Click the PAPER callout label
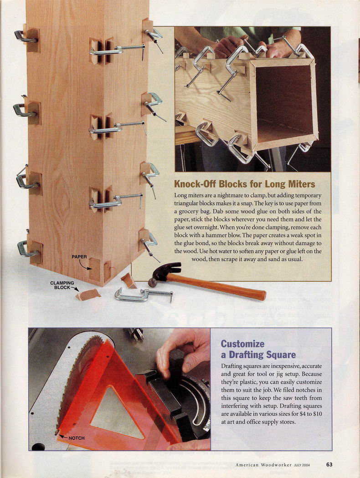79,257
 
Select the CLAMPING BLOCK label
62,285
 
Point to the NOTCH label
77,438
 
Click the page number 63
329,465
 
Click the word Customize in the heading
242,344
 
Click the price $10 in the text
317,414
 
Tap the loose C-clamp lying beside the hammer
144,295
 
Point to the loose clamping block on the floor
88,295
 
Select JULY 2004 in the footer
302,465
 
